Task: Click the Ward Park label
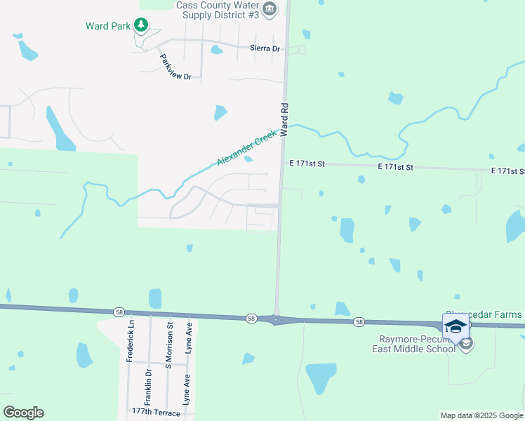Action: [x=108, y=26]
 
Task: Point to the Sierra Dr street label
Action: [x=265, y=48]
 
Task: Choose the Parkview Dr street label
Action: [x=175, y=67]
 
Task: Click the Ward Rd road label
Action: [x=284, y=120]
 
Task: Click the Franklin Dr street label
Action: [x=148, y=386]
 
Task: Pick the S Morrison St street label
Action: [x=168, y=346]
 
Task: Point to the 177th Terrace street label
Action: [x=157, y=413]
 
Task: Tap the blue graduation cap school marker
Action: [x=455, y=326]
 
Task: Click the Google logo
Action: [x=23, y=413]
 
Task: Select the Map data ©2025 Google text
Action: [x=481, y=415]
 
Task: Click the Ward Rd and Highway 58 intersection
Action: [x=276, y=319]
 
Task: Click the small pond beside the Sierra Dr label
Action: [x=216, y=50]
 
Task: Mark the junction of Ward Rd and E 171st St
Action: [x=282, y=164]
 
